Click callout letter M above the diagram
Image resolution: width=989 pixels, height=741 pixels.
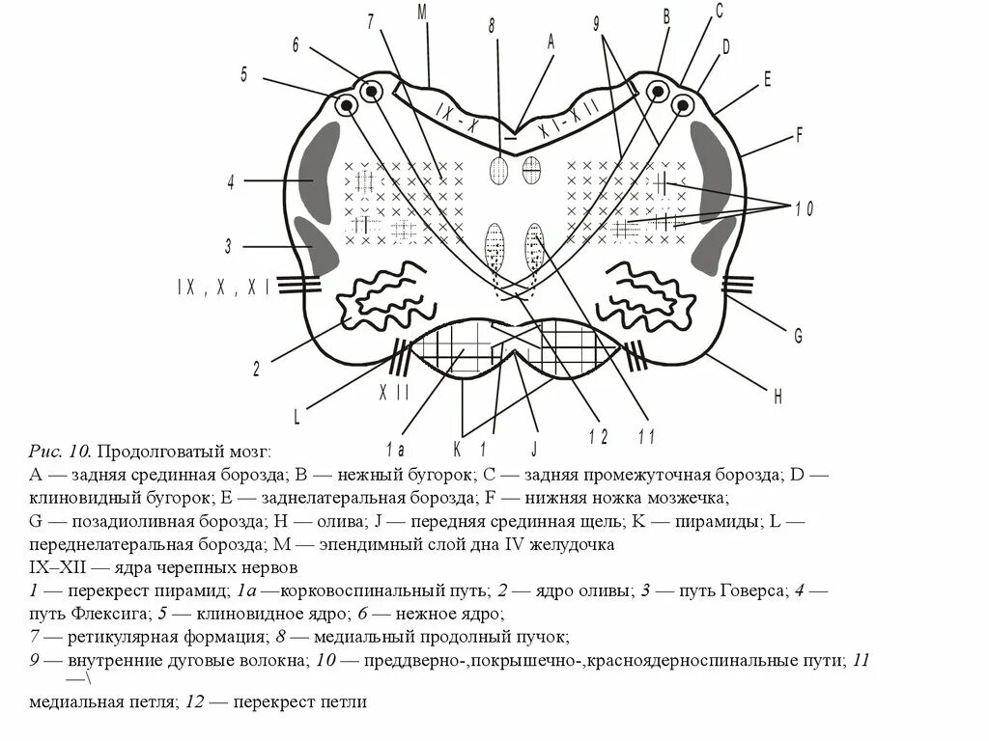click(x=422, y=12)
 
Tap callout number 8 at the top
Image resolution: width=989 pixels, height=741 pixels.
click(x=492, y=26)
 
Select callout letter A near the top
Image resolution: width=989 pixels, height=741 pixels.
click(x=551, y=41)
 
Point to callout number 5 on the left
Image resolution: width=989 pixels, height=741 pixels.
click(x=245, y=73)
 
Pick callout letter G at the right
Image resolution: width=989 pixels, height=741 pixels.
click(x=798, y=336)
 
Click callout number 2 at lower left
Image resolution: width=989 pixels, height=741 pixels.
click(x=256, y=368)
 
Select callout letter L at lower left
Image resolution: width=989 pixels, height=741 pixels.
click(x=297, y=417)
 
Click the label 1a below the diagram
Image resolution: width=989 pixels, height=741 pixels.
click(x=394, y=448)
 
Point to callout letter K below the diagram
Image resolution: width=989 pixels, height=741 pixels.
click(x=456, y=448)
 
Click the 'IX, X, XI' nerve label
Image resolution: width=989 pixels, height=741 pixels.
click(x=222, y=286)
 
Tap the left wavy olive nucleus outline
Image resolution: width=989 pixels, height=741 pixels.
click(x=382, y=296)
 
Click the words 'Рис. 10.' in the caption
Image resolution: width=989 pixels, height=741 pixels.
click(x=60, y=452)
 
